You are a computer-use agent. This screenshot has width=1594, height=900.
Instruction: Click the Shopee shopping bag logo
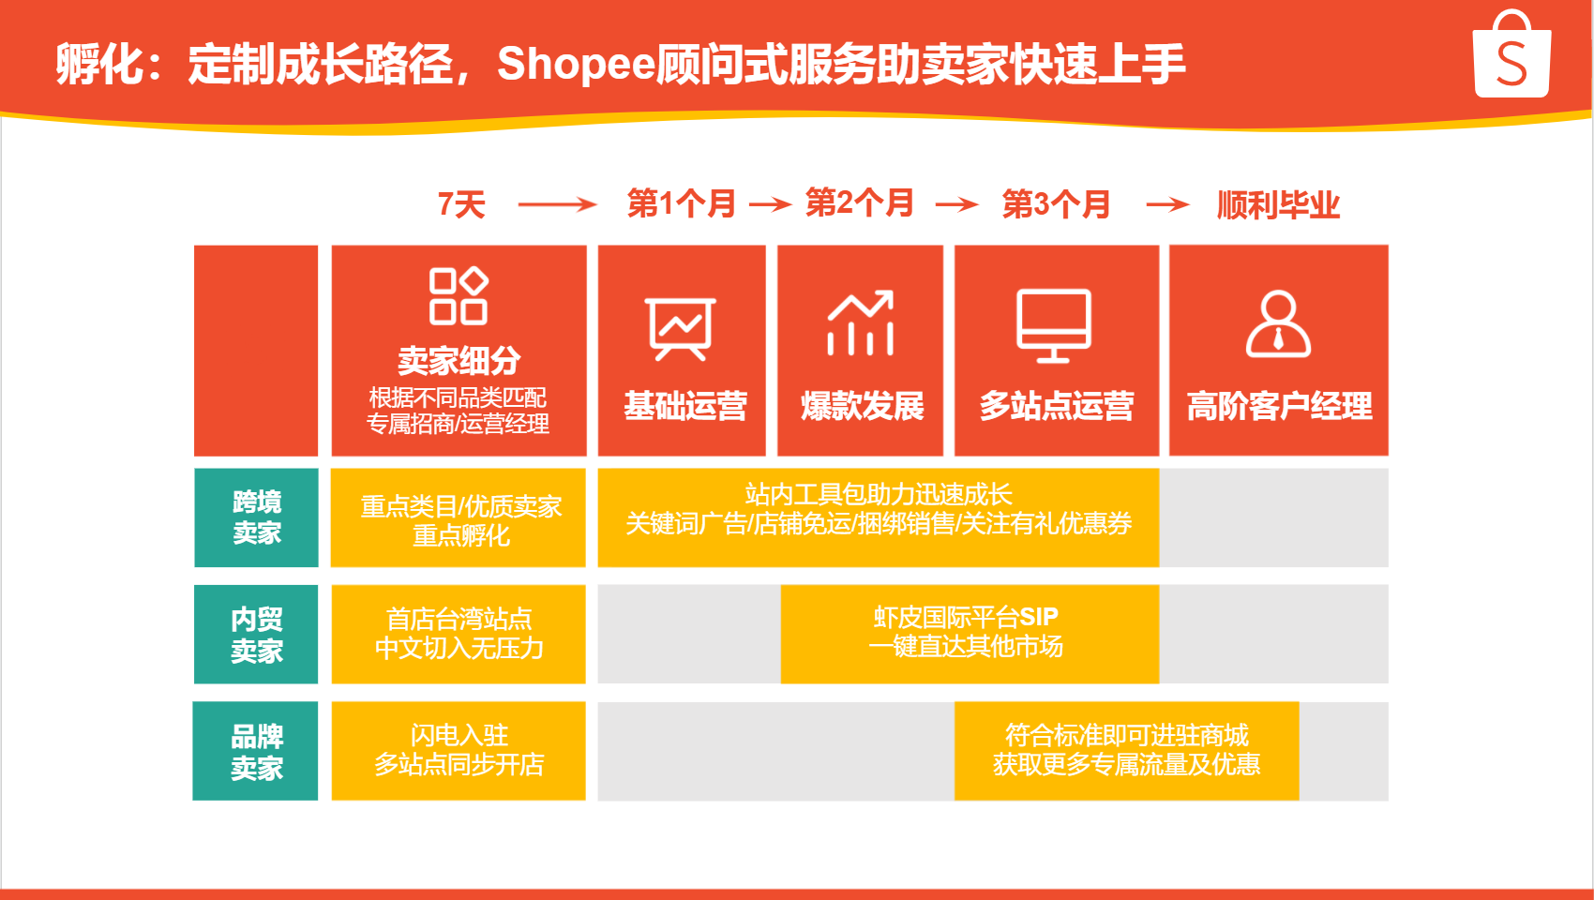[x=1511, y=54]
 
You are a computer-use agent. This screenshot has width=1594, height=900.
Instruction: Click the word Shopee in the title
[x=576, y=64]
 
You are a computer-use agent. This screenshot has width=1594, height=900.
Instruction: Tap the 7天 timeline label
[x=462, y=205]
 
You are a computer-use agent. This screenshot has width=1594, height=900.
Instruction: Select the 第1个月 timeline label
[x=681, y=204]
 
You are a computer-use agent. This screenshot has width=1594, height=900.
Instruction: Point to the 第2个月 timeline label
[x=859, y=203]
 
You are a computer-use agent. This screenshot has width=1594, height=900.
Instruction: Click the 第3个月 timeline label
[x=1056, y=205]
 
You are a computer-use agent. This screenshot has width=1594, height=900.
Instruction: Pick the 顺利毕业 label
[x=1278, y=205]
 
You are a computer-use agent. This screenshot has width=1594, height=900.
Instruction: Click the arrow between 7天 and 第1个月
[x=557, y=205]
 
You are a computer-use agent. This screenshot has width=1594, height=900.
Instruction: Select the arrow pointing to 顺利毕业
[x=1167, y=205]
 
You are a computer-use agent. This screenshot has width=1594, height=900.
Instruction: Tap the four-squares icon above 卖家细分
[x=459, y=296]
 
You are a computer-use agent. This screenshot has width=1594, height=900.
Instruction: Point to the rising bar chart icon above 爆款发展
[x=860, y=322]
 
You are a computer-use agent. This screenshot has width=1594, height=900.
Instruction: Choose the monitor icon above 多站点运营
[x=1054, y=325]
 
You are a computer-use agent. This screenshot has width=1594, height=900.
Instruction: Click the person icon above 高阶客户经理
[x=1278, y=323]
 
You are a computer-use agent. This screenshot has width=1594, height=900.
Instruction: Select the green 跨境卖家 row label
[x=256, y=517]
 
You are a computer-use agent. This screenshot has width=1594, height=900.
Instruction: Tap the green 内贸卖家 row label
[x=256, y=634]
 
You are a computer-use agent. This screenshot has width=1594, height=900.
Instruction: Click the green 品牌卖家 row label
[x=255, y=751]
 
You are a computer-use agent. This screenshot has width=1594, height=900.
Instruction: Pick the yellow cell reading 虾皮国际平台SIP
[x=970, y=634]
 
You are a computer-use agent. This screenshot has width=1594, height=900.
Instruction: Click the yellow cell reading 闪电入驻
[x=459, y=751]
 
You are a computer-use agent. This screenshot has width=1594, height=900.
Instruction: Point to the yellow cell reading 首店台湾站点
[x=459, y=634]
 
